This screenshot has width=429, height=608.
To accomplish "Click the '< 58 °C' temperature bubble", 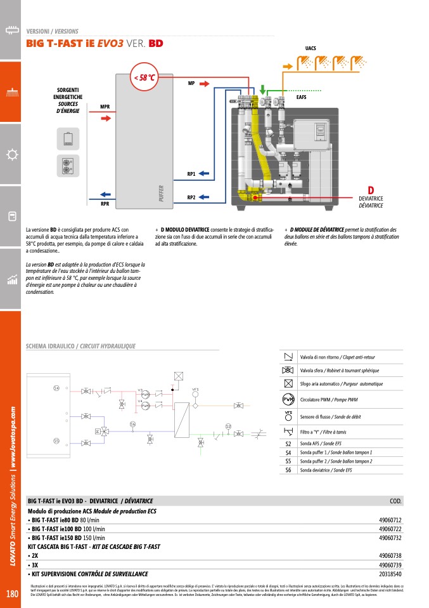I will [143, 77].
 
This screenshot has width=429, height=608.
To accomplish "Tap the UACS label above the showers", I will [311, 48].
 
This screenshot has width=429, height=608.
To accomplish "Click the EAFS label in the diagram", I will [302, 97].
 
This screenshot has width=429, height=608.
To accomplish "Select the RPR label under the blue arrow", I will [105, 204].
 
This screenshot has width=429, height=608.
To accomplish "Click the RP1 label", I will [191, 173].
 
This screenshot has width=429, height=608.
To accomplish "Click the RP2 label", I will [191, 197].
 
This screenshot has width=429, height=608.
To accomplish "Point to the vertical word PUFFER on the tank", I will [162, 193].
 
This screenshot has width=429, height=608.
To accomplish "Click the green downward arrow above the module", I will [264, 88].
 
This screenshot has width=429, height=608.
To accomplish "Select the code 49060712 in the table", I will [390, 520].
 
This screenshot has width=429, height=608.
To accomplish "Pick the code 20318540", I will [390, 573].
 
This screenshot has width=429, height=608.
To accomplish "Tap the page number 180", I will [12, 594].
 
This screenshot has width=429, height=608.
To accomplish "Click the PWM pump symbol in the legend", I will [288, 399].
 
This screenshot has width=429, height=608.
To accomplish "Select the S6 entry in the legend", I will [288, 470].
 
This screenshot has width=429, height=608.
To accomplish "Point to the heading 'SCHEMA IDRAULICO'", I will [49, 347].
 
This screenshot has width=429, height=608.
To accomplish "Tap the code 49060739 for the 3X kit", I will [390, 564].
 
